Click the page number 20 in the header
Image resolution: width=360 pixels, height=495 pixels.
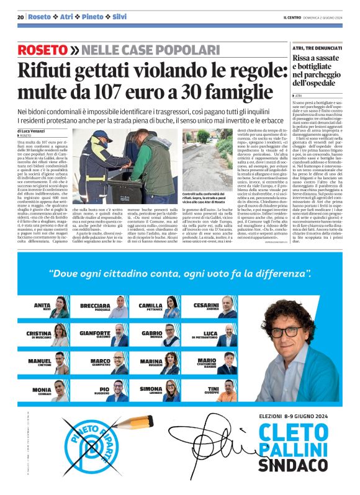(20, 17)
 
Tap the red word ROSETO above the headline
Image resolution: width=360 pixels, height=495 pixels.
(42, 50)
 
